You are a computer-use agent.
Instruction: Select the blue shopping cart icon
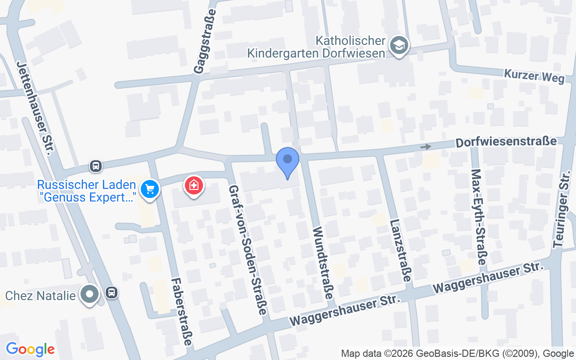click(150, 189)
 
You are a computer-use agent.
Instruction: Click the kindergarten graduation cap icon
click(399, 45)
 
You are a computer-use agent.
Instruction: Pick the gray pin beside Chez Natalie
click(90, 294)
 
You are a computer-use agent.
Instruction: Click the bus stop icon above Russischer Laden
click(95, 166)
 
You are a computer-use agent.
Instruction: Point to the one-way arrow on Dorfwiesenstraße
click(425, 147)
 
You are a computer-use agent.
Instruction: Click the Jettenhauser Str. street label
click(36, 108)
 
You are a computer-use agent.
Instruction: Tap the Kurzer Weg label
click(534, 76)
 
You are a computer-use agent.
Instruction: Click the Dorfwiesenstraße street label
click(506, 142)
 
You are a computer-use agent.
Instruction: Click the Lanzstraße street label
click(400, 250)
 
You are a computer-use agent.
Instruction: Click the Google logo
click(30, 349)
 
